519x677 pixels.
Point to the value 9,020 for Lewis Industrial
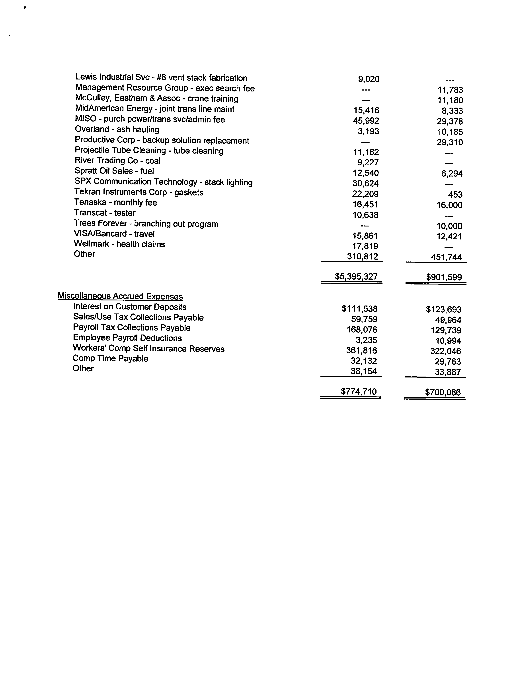pos(369,79)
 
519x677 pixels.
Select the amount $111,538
pos(360,309)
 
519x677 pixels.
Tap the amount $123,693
pos(444,309)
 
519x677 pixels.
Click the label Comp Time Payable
pos(110,358)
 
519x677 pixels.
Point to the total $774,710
pos(359,391)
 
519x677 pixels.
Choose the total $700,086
pos(443,392)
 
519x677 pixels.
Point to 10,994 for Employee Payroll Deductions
pos(448,341)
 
